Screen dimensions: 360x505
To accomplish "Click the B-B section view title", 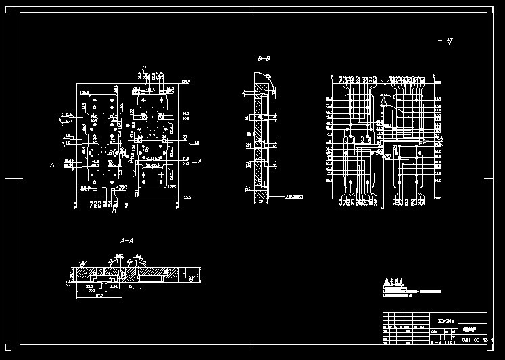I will [x=264, y=59].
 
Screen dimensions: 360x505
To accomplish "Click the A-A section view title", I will [x=126, y=241].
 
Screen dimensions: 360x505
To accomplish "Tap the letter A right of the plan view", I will [x=197, y=162].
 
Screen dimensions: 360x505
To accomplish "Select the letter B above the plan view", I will [x=144, y=68].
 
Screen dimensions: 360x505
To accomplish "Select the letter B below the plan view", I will [x=114, y=211].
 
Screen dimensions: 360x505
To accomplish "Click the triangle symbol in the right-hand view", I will [x=383, y=101].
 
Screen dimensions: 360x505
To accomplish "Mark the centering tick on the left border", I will [x=15, y=179].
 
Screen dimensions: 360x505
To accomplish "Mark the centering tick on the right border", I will [x=490, y=179].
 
